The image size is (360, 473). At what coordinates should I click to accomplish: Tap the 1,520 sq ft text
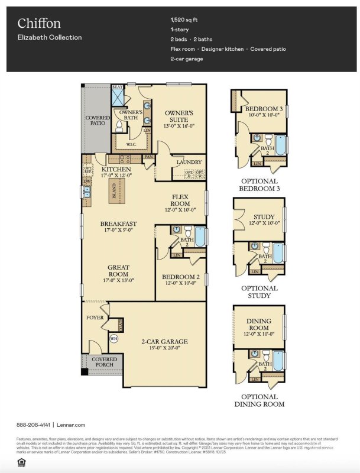[185, 20]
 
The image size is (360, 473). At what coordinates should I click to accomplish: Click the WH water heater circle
[113, 339]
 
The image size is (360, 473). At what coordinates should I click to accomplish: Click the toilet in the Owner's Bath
[118, 126]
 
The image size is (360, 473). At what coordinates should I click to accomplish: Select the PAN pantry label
[148, 157]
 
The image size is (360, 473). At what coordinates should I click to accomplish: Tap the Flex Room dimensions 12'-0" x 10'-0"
[180, 210]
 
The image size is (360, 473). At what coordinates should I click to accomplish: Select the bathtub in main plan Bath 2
[199, 237]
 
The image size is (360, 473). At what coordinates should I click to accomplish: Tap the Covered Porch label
[104, 362]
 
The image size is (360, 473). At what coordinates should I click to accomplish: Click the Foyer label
[95, 318]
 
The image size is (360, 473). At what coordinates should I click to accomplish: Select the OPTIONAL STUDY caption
[260, 291]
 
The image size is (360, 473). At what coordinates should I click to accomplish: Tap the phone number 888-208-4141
[33, 425]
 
